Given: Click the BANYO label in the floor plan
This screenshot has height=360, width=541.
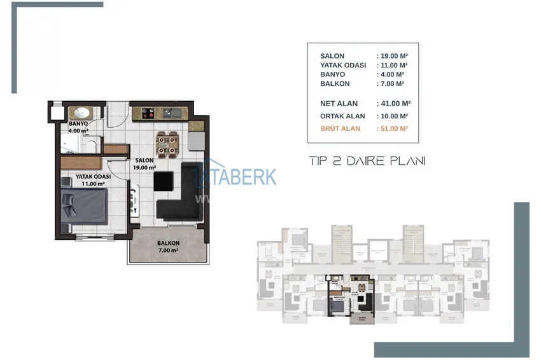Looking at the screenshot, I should tap(78, 123).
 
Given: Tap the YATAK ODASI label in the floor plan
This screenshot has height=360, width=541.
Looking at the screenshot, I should tap(93, 177).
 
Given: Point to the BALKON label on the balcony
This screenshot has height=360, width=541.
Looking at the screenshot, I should tap(168, 244).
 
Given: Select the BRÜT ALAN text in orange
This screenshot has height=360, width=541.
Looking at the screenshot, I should tap(341, 128).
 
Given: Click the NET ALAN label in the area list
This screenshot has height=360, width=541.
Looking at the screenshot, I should tap(339, 103).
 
